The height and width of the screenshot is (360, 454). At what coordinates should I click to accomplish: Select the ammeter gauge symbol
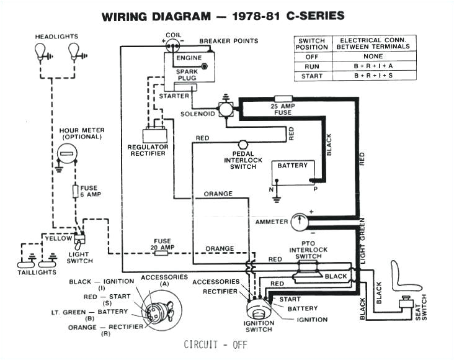coord(300,221)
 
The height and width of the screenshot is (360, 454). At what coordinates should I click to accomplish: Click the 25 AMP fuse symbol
coord(283,99)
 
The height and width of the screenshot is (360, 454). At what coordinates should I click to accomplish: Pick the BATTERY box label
coord(292,166)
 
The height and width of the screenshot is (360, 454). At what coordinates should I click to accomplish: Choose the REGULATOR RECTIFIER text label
coord(147,150)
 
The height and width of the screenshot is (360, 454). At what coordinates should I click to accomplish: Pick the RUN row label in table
coord(312,65)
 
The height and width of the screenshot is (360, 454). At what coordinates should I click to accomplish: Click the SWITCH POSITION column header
coord(312,43)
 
